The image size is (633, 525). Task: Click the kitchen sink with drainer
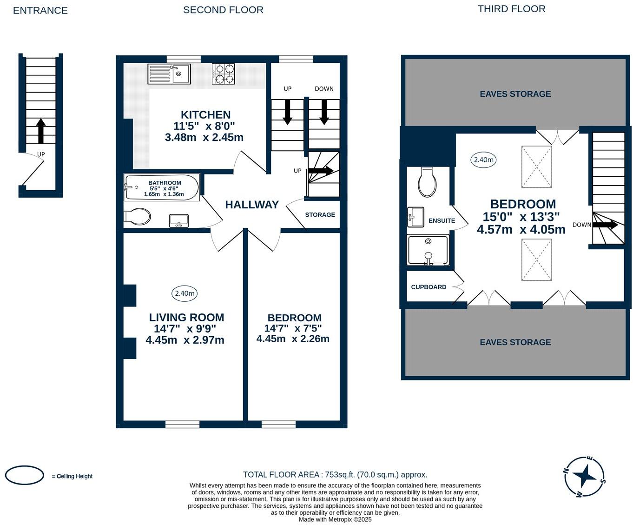[169, 73]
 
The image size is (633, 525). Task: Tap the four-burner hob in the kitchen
[224, 73]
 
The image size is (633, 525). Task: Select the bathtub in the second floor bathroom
[162, 187]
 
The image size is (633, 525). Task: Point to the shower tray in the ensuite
[428, 250]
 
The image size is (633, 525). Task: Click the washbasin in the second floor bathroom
[179, 220]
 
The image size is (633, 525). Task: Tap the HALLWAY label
[252, 205]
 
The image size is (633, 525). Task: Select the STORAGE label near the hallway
[320, 215]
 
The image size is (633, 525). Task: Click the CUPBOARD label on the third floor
[429, 287]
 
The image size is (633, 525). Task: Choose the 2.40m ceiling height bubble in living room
[185, 293]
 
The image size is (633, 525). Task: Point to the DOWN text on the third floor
[581, 225]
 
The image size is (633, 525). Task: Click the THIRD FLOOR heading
[511, 9]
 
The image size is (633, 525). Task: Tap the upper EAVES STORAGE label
[515, 94]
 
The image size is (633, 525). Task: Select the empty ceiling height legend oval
[25, 475]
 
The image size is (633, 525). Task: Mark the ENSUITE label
[442, 221]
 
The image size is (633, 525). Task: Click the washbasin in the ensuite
[415, 217]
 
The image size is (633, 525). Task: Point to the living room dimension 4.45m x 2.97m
[185, 340]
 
